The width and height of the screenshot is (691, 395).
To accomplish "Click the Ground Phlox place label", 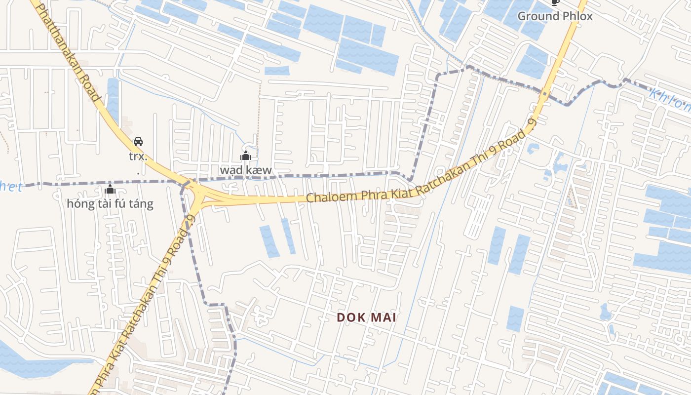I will [x=555, y=16].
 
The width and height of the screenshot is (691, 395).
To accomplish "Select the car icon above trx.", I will [x=138, y=142].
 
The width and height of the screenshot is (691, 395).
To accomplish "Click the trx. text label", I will [x=138, y=157].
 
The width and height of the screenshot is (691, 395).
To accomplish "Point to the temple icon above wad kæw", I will [x=245, y=156].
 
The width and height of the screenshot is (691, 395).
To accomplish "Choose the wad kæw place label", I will [x=245, y=170].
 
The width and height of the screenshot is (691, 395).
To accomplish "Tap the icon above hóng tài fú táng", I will [x=110, y=190].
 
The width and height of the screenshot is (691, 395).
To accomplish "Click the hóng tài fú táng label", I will [x=110, y=203].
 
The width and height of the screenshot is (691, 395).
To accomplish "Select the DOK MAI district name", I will [x=367, y=317].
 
